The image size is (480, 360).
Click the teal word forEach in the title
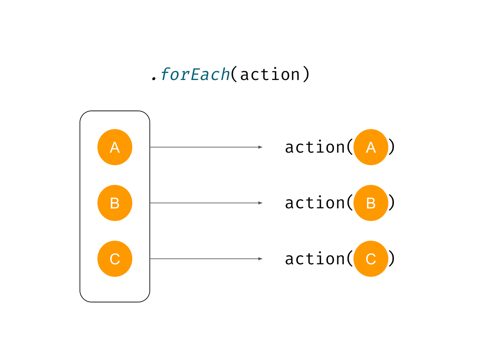click(195, 74)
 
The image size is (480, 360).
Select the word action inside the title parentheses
click(270, 74)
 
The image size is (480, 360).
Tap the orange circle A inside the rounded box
click(115, 147)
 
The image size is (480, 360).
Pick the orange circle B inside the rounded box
click(115, 203)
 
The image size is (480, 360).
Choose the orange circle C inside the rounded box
click(115, 259)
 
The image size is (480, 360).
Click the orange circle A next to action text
click(371, 147)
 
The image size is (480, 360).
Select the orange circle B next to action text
click(371, 203)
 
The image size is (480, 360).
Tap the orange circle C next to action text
click(371, 259)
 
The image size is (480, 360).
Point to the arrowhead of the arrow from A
click(260, 147)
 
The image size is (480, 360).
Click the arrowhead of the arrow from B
click(260, 203)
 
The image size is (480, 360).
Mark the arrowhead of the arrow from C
click(260, 259)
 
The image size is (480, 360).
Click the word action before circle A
click(315, 147)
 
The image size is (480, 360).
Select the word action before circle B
click(315, 203)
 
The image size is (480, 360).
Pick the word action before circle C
click(315, 259)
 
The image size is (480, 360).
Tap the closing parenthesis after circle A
click(392, 147)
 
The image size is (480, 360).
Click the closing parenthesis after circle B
click(392, 203)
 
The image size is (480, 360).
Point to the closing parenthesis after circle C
click(392, 259)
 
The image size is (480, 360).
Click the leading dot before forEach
click(154, 78)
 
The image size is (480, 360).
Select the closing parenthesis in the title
click(306, 74)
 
